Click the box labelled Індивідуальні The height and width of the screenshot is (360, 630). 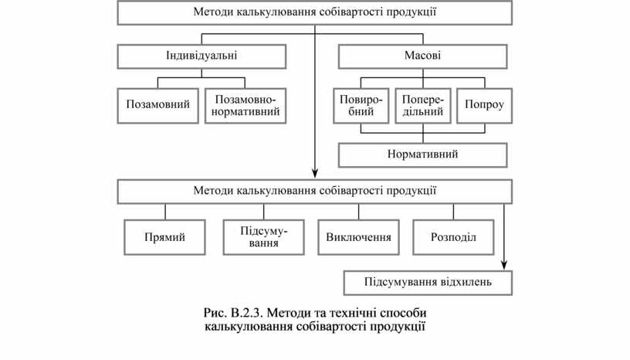202,56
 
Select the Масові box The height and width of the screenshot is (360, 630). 422,56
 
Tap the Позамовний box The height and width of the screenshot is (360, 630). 158,106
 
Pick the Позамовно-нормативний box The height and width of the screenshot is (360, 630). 245,106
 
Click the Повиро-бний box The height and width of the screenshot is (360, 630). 361,106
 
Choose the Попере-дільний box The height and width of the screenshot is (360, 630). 423,106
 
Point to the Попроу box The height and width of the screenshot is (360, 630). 484,106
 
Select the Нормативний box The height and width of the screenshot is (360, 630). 422,155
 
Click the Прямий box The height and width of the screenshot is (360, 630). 164,237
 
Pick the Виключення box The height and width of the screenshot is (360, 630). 358,237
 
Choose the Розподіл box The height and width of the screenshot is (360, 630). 453,237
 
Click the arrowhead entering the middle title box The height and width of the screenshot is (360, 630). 315,175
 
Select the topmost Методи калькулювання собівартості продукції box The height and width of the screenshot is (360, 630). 314,12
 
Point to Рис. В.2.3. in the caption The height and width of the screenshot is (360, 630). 231,313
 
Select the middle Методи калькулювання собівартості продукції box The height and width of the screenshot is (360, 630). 314,191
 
